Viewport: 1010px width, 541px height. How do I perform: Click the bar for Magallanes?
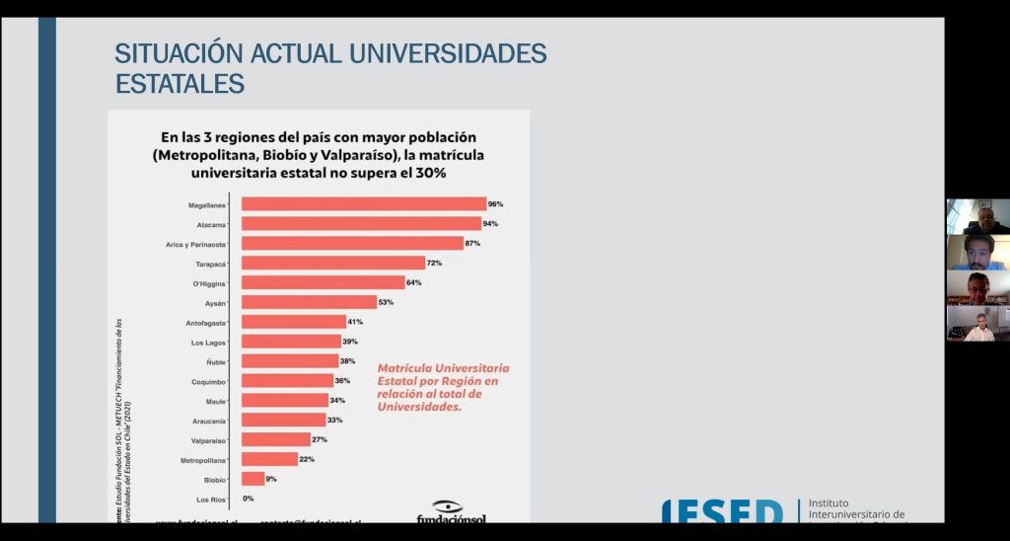click(x=364, y=204)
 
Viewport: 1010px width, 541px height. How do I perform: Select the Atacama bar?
click(x=361, y=224)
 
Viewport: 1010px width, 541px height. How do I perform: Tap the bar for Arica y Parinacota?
click(x=352, y=243)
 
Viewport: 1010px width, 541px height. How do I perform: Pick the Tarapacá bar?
click(x=333, y=263)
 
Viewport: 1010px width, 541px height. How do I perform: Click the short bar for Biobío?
click(x=252, y=479)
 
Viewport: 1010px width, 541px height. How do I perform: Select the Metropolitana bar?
click(x=269, y=459)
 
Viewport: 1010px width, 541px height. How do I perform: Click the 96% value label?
click(x=495, y=204)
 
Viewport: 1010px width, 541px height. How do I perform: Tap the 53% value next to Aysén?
click(x=385, y=302)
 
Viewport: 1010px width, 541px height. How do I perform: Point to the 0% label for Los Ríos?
click(x=248, y=499)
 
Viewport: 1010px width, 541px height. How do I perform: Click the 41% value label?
click(x=354, y=322)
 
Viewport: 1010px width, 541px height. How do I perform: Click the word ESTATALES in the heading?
click(x=180, y=85)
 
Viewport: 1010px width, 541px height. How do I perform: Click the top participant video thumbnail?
click(x=977, y=216)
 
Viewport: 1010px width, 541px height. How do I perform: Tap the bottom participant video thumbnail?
click(x=977, y=324)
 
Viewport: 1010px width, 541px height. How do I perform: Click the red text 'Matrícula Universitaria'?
click(x=443, y=368)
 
